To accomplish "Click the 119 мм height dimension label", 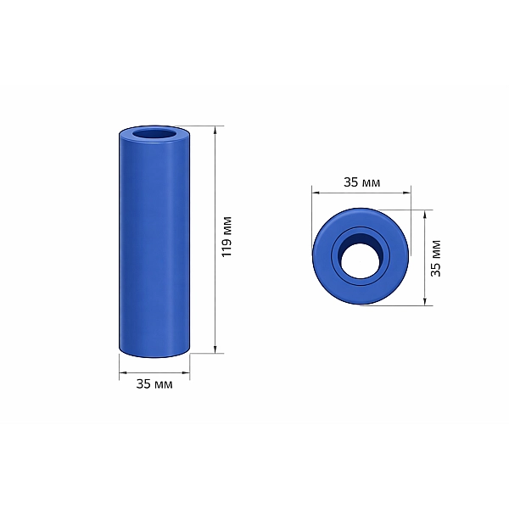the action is (x=227, y=237).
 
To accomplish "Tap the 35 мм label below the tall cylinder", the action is (x=154, y=384).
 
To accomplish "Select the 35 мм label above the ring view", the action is (x=361, y=182).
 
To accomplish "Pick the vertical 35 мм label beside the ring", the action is (x=436, y=259).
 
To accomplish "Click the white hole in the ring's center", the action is (x=360, y=261).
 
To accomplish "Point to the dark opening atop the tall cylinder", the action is (x=154, y=134).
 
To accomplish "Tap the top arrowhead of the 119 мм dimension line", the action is (x=215, y=130).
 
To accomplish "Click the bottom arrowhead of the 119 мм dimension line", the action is (x=215, y=350).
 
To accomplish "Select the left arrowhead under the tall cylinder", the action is (x=123, y=373).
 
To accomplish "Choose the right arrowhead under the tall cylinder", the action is (x=186, y=373).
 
